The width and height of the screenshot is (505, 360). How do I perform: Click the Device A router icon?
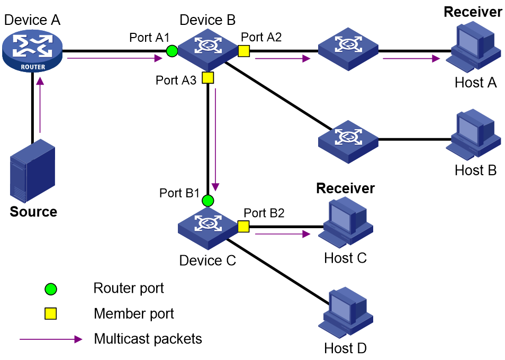(x=32, y=50)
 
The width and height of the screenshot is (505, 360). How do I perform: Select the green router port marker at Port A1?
(x=172, y=51)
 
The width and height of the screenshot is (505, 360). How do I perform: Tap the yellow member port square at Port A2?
(x=244, y=51)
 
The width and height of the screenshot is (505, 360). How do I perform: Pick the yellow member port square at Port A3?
(x=208, y=78)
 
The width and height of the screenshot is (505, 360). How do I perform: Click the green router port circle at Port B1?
(x=208, y=201)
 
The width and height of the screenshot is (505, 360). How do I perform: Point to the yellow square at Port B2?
(x=244, y=227)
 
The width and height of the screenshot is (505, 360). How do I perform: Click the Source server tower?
(x=32, y=170)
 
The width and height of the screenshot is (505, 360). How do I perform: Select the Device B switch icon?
(x=208, y=50)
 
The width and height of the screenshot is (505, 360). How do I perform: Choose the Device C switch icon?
(x=208, y=228)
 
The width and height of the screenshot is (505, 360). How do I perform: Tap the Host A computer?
(x=473, y=47)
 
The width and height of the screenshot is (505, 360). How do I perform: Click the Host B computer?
(x=473, y=134)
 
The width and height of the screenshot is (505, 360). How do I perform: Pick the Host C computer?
(x=346, y=223)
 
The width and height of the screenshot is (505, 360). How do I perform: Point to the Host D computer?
(x=346, y=312)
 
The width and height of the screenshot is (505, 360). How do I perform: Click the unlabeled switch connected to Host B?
(x=348, y=142)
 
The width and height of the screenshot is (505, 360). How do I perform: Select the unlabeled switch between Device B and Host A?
(x=348, y=50)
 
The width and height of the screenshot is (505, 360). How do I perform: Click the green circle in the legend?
(x=51, y=289)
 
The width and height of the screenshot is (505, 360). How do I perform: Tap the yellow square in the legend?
(x=51, y=313)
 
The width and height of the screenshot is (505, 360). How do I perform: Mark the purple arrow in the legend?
(x=51, y=339)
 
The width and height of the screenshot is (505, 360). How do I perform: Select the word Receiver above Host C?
(x=346, y=188)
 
